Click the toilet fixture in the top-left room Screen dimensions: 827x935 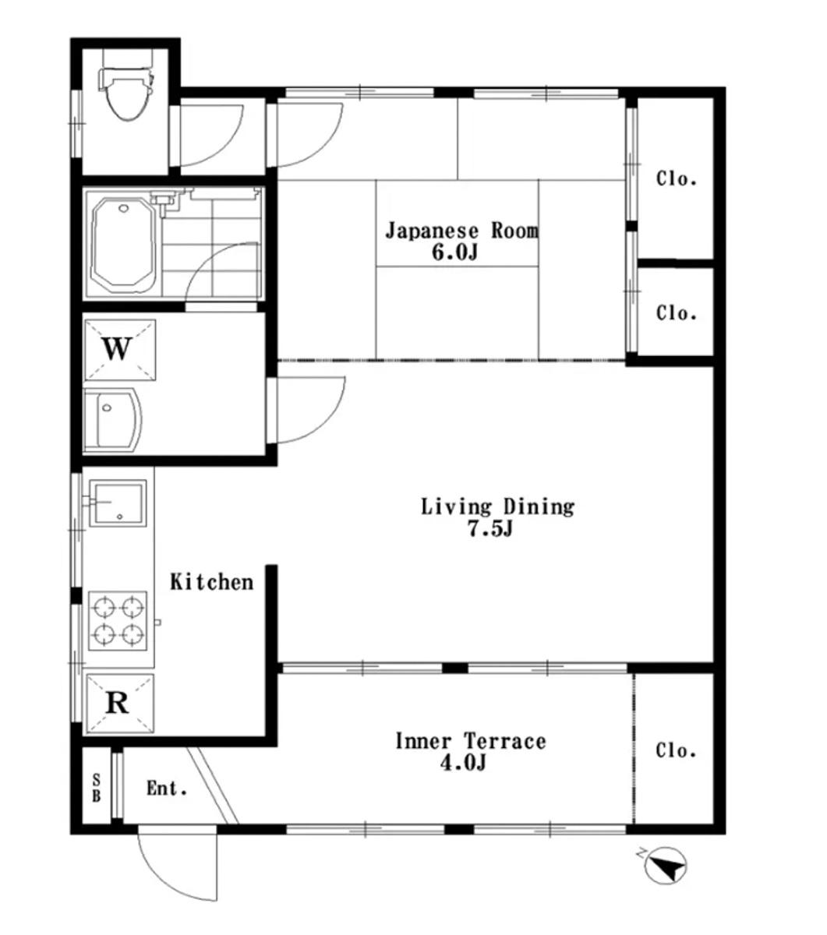pos(125,88)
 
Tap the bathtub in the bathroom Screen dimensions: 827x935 pos(124,245)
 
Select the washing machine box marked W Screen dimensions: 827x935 pos(120,349)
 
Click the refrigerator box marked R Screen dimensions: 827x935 pos(120,704)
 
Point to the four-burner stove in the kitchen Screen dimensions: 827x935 pos(118,621)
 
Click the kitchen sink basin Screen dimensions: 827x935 pos(118,503)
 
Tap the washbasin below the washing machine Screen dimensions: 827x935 pos(112,420)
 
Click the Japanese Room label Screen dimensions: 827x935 pos(462,231)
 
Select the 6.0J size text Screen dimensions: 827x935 pos(455,252)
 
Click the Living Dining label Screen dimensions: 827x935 pos(498,506)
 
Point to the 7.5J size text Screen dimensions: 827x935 pos(490,528)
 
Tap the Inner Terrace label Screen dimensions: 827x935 pos(471,741)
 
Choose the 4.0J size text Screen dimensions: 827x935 pos(463,764)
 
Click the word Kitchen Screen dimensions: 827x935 pos(212,582)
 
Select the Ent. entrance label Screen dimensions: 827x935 pos(167,789)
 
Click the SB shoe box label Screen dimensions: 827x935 pos(97,789)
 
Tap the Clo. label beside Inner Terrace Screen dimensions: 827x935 pos(676,751)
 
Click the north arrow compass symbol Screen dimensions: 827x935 pos(666,866)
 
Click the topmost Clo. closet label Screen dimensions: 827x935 pos(677,178)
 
